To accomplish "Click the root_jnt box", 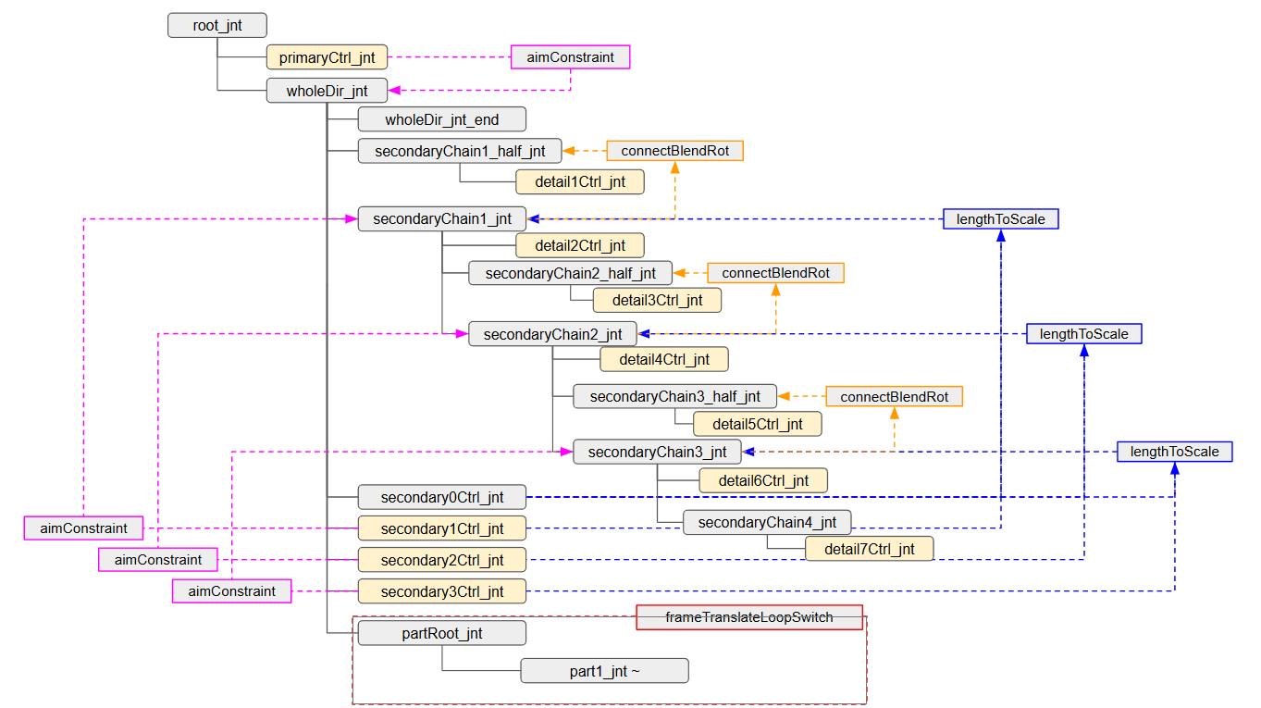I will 217,26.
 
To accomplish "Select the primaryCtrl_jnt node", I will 327,57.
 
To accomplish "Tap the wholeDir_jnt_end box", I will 442,119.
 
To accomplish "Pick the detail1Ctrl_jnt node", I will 580,182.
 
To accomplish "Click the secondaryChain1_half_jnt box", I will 460,151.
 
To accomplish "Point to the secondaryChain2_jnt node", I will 552,334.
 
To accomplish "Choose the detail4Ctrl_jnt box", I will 664,359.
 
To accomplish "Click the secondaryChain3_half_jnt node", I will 674,397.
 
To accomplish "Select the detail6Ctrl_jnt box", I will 763,480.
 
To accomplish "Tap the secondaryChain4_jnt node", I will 767,522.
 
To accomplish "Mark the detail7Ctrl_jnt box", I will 869,549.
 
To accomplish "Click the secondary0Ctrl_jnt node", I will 442,497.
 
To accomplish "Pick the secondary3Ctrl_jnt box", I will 442,591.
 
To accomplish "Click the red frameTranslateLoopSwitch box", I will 749,617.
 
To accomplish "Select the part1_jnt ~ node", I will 604,671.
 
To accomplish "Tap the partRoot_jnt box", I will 442,634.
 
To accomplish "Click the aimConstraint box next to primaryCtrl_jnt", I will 570,57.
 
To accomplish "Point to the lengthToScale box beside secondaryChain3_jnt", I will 1175,452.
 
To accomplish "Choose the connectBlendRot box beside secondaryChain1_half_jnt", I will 675,151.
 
